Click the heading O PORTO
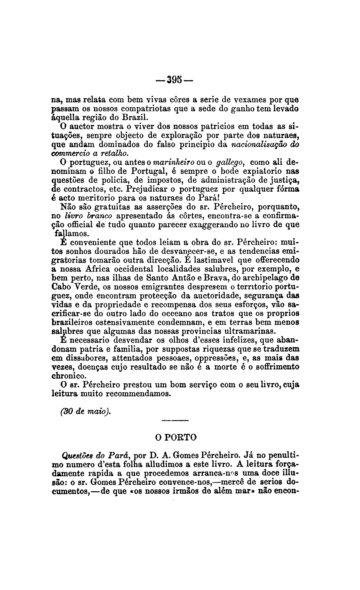pos(175,438)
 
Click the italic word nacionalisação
pos(259,144)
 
